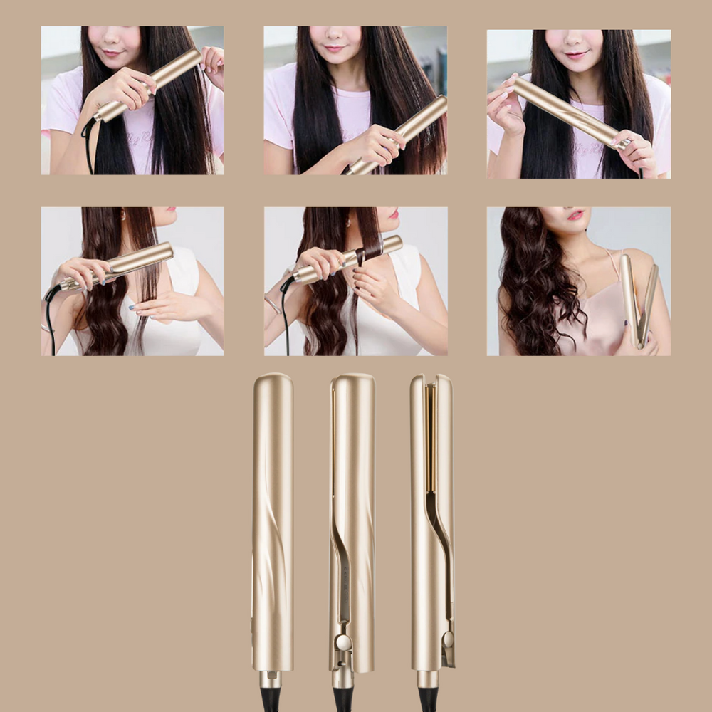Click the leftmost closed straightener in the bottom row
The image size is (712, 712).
coord(272,520)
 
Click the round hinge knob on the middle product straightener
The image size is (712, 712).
coord(343,642)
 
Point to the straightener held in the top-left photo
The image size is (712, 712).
coord(150,85)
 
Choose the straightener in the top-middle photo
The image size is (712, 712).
coord(399,135)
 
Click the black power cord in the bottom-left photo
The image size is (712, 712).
coord(51,320)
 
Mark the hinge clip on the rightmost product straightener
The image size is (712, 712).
coord(448,644)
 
